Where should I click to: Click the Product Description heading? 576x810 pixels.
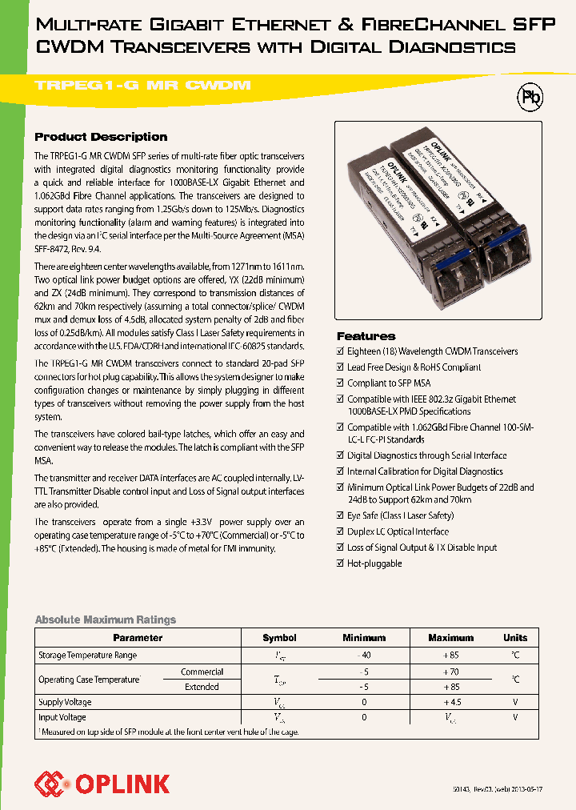(x=101, y=137)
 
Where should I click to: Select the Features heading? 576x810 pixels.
(x=366, y=336)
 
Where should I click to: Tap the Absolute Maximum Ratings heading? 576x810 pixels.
(x=105, y=620)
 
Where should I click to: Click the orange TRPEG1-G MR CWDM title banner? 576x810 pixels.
(x=144, y=85)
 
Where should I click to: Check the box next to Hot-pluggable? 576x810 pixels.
(x=340, y=563)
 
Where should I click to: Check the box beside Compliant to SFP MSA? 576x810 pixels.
(x=340, y=383)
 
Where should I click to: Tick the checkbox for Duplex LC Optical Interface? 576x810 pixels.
(x=340, y=531)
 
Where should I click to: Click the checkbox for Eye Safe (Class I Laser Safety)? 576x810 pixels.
(x=340, y=515)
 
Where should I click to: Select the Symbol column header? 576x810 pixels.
(x=279, y=638)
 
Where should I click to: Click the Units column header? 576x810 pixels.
(x=515, y=638)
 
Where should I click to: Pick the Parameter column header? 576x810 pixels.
(x=138, y=638)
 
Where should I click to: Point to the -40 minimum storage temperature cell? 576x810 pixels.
(x=364, y=655)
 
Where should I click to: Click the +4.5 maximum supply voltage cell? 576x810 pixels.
(x=450, y=702)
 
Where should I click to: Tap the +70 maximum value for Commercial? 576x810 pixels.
(x=450, y=672)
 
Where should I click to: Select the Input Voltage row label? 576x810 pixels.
(x=62, y=718)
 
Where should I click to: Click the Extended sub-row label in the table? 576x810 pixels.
(x=202, y=687)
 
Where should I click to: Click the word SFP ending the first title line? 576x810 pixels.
(x=533, y=26)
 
